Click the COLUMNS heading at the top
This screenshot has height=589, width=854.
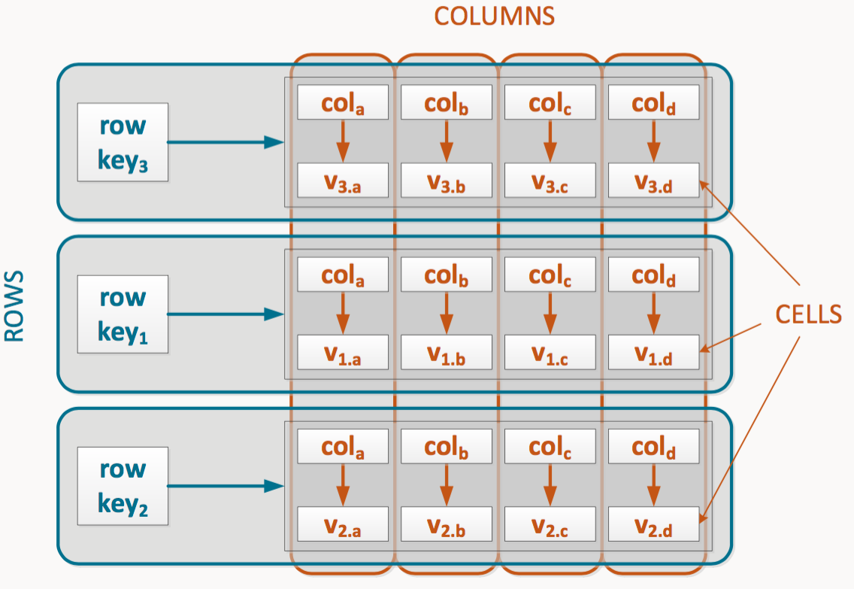[x=494, y=17]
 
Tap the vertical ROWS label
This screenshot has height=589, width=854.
[x=14, y=306]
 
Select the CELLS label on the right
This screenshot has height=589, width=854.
[x=807, y=314]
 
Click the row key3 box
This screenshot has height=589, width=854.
[x=123, y=142]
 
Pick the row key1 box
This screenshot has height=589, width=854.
[x=123, y=314]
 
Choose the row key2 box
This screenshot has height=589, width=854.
[x=123, y=486]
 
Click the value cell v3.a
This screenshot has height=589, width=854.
[x=342, y=181]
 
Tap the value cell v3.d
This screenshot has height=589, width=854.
[x=653, y=181]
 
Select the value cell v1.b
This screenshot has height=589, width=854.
[x=446, y=352]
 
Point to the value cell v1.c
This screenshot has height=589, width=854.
[x=550, y=352]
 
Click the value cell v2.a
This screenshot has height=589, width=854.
[x=342, y=524]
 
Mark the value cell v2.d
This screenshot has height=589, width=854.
[x=653, y=524]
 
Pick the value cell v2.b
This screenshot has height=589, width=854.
[x=446, y=524]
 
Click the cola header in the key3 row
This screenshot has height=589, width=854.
[x=342, y=102]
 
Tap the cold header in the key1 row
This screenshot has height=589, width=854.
[x=653, y=274]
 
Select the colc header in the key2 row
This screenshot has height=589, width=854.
[x=550, y=446]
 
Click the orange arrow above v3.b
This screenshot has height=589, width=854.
[x=446, y=141]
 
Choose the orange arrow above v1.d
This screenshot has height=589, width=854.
[x=653, y=313]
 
